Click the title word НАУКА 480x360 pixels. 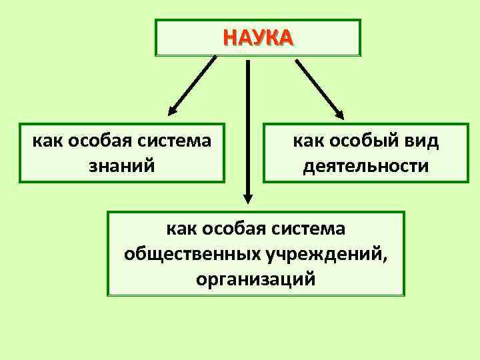(257, 37)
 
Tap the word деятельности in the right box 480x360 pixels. (365, 164)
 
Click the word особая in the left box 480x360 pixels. (99, 141)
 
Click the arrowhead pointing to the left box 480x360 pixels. (171, 110)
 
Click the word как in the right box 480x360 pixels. (307, 141)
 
